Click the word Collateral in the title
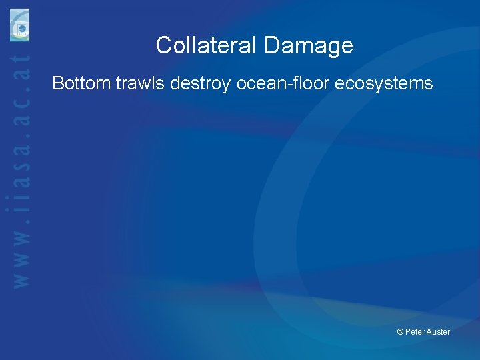(x=207, y=45)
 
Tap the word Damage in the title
(x=308, y=45)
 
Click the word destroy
(x=200, y=83)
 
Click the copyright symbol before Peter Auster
(x=400, y=332)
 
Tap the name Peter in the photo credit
(x=416, y=332)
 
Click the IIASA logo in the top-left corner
(x=20, y=25)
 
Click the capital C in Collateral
(x=164, y=45)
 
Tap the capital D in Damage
(x=271, y=45)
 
